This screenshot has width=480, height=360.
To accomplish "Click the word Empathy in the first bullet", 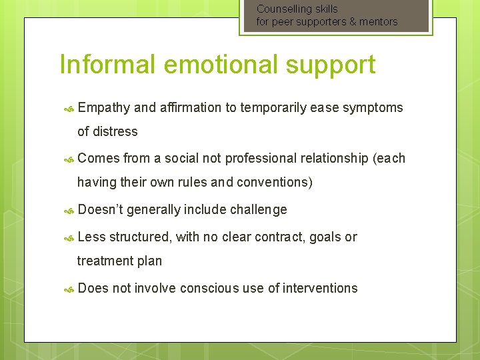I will coord(103,108).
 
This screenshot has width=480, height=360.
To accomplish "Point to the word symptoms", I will coord(373,108).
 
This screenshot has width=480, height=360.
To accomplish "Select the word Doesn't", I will coord(100,209).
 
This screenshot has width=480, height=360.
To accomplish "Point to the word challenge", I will coord(258,210).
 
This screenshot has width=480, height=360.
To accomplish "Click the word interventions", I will coord(320,288).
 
